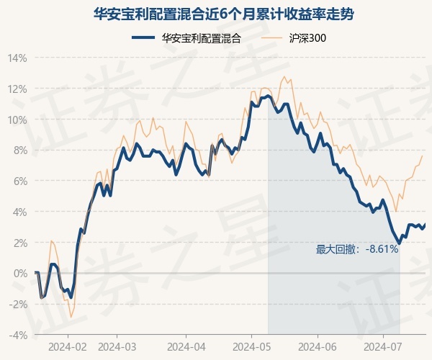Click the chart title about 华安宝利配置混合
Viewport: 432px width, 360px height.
click(223, 14)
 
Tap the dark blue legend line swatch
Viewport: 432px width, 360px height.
click(143, 37)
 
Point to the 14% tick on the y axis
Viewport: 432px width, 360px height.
click(17, 58)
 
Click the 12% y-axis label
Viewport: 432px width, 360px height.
click(17, 89)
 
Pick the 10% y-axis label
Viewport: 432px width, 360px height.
click(17, 120)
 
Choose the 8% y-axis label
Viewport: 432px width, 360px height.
click(20, 150)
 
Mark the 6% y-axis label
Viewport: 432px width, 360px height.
click(20, 181)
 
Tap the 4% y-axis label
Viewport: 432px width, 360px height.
click(20, 212)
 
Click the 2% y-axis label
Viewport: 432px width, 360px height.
click(20, 243)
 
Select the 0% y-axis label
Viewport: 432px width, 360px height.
click(20, 274)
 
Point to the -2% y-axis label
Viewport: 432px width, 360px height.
click(18, 305)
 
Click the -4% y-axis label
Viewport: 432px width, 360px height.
click(18, 336)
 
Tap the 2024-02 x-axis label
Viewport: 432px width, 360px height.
click(68, 347)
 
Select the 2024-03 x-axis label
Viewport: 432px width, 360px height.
click(117, 347)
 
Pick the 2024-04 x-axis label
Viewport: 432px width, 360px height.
click(186, 347)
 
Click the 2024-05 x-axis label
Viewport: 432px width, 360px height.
click(251, 347)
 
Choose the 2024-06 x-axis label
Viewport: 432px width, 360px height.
click(318, 347)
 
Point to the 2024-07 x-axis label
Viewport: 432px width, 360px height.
click(383, 347)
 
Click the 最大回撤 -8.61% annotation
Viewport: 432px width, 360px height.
click(357, 249)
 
